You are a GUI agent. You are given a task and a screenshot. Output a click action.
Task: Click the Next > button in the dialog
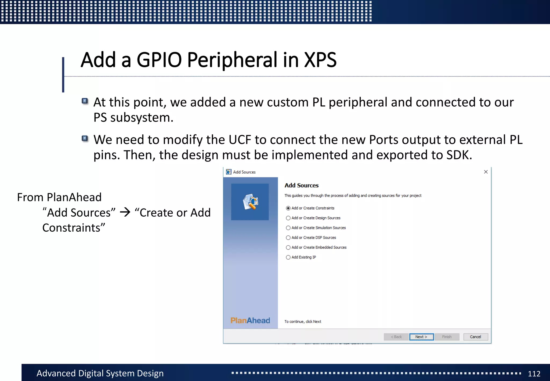click(421, 337)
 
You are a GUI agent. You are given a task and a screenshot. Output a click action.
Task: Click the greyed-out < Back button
click(396, 337)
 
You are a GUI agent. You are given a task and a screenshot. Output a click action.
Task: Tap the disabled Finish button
click(447, 337)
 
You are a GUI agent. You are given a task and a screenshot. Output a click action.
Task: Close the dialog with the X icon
click(486, 172)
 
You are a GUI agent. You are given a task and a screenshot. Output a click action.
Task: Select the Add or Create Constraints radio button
click(288, 208)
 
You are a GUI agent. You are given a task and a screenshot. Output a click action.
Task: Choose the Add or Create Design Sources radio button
click(288, 218)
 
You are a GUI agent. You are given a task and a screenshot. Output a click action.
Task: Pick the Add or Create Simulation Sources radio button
click(288, 228)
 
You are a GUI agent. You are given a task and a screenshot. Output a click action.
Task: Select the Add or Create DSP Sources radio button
click(288, 238)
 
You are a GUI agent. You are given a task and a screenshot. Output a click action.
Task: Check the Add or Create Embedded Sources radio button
click(288, 247)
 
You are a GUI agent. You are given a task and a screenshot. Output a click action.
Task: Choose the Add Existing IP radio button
click(288, 257)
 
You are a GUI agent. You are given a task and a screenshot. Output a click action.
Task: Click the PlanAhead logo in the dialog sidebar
click(250, 321)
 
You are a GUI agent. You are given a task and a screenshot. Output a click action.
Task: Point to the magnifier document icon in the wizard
click(250, 202)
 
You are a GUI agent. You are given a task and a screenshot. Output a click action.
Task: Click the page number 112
click(534, 374)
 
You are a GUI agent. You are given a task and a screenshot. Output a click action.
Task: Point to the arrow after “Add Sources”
click(125, 213)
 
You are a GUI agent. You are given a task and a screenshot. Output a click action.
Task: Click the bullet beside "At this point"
click(85, 101)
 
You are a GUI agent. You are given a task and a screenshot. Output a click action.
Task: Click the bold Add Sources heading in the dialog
click(301, 185)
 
